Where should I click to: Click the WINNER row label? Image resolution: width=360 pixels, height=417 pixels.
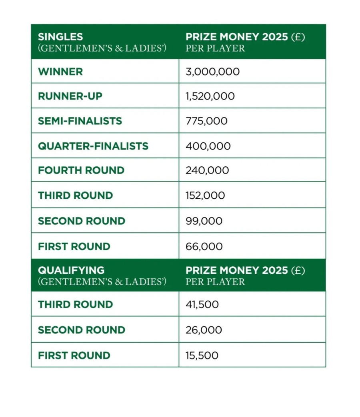click(x=60, y=72)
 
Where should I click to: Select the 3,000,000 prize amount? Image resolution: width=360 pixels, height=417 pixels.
click(x=212, y=72)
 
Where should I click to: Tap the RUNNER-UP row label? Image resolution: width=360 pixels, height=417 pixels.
click(x=70, y=96)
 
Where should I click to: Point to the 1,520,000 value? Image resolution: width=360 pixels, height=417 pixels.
click(x=210, y=96)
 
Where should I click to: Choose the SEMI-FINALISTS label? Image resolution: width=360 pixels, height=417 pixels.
click(x=80, y=121)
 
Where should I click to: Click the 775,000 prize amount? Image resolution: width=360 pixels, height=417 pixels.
click(x=206, y=121)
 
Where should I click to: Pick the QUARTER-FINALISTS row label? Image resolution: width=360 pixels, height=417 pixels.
click(x=93, y=146)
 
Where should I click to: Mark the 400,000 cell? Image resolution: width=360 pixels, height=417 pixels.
click(x=208, y=146)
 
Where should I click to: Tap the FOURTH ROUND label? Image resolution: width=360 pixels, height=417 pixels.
click(x=81, y=170)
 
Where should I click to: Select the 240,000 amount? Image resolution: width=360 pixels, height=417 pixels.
click(x=207, y=170)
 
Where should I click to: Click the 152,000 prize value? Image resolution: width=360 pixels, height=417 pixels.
click(x=205, y=196)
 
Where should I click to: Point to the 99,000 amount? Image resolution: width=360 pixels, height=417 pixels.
click(x=204, y=221)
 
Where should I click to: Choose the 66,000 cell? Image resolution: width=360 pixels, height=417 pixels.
click(x=204, y=247)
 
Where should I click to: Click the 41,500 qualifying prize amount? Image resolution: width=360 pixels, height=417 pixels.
click(x=202, y=305)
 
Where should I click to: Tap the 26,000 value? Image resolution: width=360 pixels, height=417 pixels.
click(x=204, y=330)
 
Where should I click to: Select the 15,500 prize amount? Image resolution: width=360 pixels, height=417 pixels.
click(x=202, y=355)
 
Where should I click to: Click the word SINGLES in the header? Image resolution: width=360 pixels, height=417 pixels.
click(x=60, y=37)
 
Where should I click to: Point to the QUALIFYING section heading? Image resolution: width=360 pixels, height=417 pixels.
click(x=71, y=270)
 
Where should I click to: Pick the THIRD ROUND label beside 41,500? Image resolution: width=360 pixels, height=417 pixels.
click(x=76, y=305)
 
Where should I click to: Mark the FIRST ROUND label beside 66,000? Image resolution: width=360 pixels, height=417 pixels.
click(x=74, y=247)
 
